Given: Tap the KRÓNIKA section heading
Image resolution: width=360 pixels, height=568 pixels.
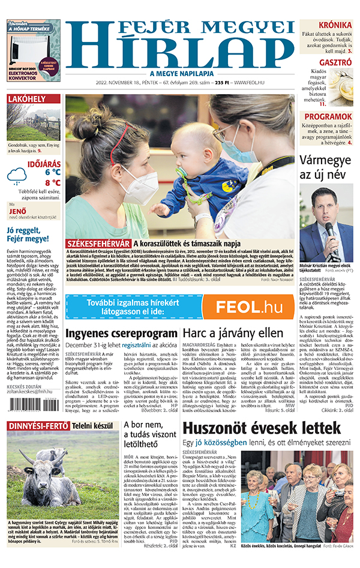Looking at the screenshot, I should (x=335, y=25).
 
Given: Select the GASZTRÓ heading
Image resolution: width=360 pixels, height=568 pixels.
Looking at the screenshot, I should (x=335, y=62).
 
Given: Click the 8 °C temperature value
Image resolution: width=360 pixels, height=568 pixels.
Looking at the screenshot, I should (x=52, y=183).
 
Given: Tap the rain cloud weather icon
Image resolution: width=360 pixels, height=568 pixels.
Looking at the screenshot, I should (x=17, y=176).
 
